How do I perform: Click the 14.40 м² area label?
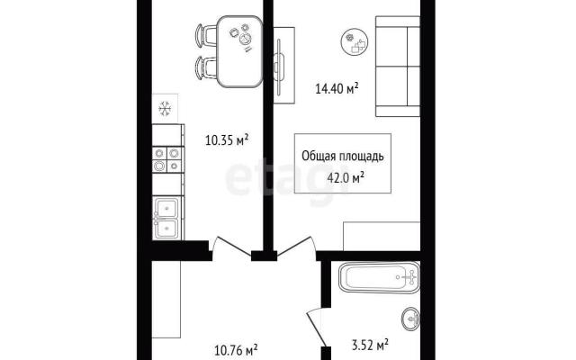(337, 89)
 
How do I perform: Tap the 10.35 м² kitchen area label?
(227, 140)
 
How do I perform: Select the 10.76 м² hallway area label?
(236, 350)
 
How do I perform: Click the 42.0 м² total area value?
(346, 178)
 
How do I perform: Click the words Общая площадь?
(343, 156)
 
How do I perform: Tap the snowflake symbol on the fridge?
(165, 109)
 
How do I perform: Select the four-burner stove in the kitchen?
(168, 159)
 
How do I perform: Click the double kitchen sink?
(166, 218)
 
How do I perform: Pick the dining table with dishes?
(239, 51)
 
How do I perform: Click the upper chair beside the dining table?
(206, 36)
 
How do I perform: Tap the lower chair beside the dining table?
(206, 67)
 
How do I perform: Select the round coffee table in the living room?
(355, 42)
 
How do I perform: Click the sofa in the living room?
(398, 66)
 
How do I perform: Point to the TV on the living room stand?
(279, 66)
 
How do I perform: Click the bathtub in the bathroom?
(380, 277)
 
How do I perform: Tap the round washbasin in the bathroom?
(410, 319)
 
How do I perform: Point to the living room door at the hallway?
(296, 246)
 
